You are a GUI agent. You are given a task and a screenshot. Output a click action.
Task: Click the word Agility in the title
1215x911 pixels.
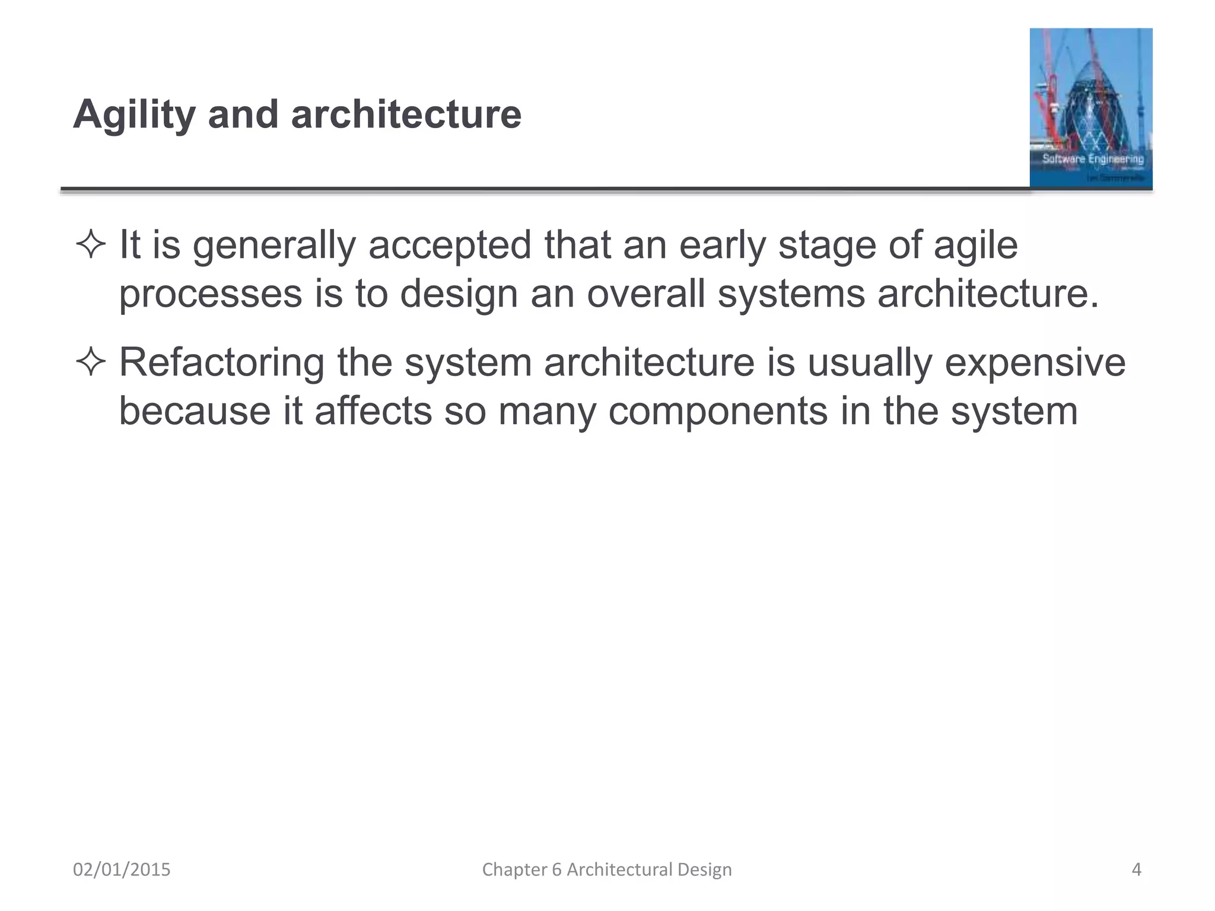pyautogui.click(x=134, y=114)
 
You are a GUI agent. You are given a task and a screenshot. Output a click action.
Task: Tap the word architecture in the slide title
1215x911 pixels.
pyautogui.click(x=406, y=114)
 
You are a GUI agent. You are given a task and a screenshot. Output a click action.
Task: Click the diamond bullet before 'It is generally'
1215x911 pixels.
pyautogui.click(x=91, y=245)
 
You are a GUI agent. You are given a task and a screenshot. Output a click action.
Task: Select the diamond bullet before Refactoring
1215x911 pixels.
pyautogui.click(x=91, y=362)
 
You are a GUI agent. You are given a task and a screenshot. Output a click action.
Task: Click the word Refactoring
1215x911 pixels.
pyautogui.click(x=222, y=362)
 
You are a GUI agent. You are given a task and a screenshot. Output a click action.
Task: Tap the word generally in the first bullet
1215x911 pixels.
pyautogui.click(x=273, y=246)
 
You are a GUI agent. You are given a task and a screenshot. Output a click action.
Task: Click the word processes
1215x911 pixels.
pyautogui.click(x=210, y=294)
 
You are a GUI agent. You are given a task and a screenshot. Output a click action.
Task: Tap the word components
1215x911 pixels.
pyautogui.click(x=718, y=411)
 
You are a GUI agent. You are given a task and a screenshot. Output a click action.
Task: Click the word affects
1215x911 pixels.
pyautogui.click(x=373, y=411)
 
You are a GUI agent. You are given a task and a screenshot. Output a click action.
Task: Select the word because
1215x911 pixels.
pyautogui.click(x=195, y=411)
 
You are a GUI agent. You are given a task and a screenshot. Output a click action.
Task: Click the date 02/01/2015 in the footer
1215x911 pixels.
pyautogui.click(x=122, y=869)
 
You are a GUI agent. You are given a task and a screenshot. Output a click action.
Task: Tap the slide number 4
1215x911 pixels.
pyautogui.click(x=1136, y=869)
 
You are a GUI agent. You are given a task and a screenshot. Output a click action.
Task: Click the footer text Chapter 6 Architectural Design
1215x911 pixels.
pyautogui.click(x=607, y=869)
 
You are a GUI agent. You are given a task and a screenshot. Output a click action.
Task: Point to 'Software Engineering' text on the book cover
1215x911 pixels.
pyautogui.click(x=1093, y=159)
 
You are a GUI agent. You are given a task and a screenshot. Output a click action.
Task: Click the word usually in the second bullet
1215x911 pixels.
pyautogui.click(x=869, y=362)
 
